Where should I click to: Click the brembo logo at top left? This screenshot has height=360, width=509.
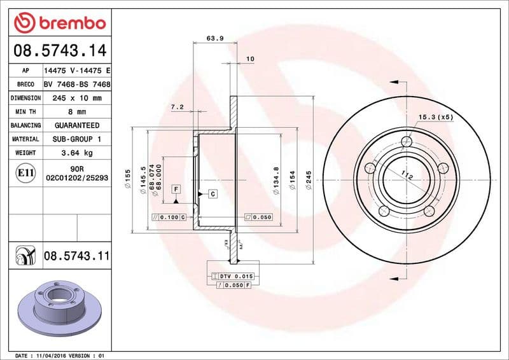(x=59, y=23)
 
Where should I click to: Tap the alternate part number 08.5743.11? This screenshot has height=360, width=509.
(x=76, y=256)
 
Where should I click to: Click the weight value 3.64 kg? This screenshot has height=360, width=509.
(x=76, y=153)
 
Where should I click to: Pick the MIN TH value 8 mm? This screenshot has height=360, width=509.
(x=76, y=112)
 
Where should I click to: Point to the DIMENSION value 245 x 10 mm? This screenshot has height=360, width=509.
(x=76, y=98)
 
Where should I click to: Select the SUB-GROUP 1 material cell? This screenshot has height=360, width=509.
(x=76, y=139)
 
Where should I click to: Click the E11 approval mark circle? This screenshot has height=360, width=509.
(x=27, y=173)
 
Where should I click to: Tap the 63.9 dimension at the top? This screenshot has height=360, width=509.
(x=215, y=38)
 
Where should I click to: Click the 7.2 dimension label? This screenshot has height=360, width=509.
(x=177, y=107)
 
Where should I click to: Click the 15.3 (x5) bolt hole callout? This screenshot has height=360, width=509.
(x=436, y=117)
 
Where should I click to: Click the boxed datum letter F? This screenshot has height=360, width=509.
(x=175, y=189)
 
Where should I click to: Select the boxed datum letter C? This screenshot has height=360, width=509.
(x=212, y=193)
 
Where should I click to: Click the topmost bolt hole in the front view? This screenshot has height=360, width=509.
(x=408, y=141)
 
